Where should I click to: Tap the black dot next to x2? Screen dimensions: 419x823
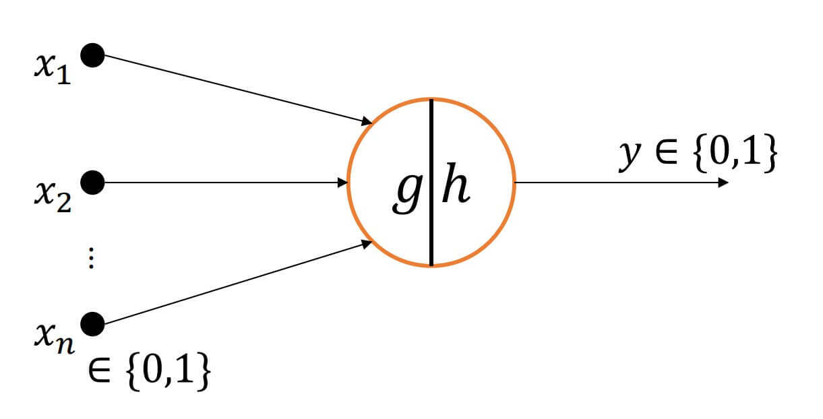(92, 182)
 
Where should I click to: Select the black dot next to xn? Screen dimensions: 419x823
(92, 324)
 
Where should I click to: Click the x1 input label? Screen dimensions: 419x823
(52, 68)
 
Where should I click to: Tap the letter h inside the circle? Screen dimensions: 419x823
(455, 189)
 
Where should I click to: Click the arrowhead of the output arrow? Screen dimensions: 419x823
(723, 182)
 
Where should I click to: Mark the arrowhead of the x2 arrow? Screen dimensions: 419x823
(342, 182)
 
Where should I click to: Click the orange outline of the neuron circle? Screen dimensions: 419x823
(515, 182)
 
